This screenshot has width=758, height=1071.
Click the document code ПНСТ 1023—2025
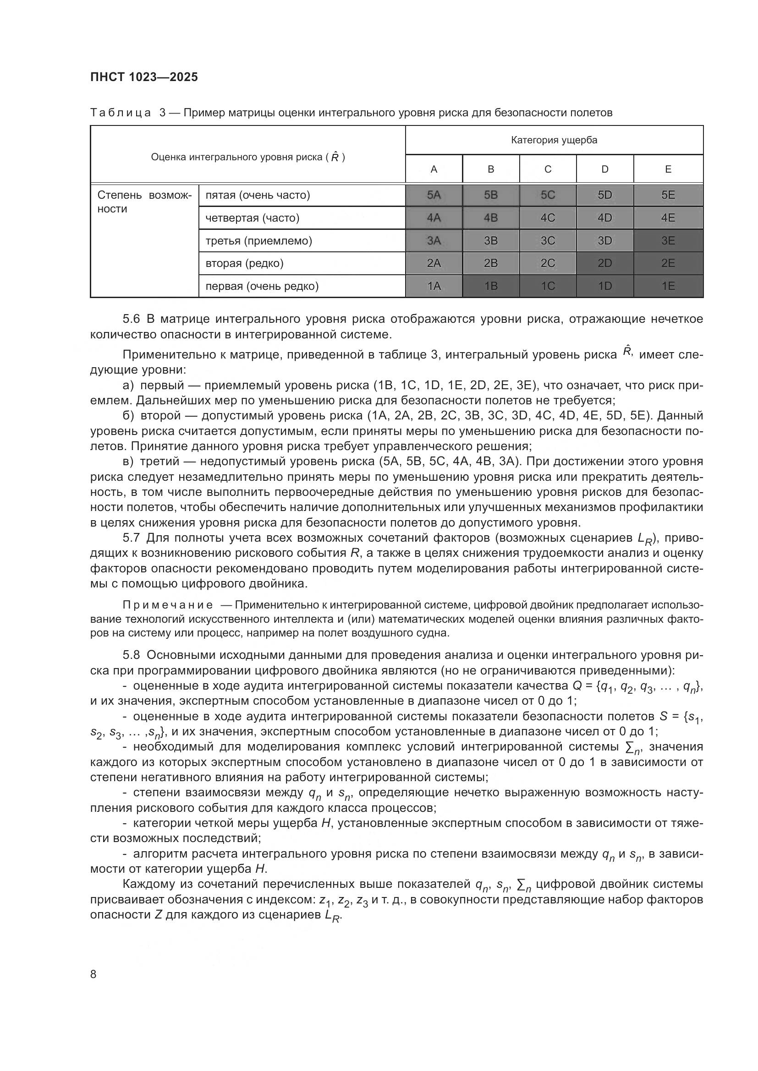tap(144, 77)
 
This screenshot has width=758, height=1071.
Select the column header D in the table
tap(604, 169)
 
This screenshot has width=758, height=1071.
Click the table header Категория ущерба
tap(554, 140)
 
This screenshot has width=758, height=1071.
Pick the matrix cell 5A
tap(434, 195)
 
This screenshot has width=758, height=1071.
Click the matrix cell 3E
tap(668, 241)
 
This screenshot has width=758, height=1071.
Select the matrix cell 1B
tap(490, 286)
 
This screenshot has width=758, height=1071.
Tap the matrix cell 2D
tap(604, 263)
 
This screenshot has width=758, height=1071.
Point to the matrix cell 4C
tap(548, 218)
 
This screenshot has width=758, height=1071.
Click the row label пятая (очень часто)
tap(258, 195)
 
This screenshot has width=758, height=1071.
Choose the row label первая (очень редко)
tap(262, 286)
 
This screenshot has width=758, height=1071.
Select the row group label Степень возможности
tap(144, 201)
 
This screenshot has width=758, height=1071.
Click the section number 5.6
tap(131, 319)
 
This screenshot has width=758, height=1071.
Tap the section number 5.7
tap(131, 538)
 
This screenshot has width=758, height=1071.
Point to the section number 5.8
tap(131, 655)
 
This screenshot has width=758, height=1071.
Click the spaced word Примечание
tap(168, 605)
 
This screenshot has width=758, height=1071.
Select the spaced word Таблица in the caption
tap(121, 113)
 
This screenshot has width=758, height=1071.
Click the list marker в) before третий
tap(128, 462)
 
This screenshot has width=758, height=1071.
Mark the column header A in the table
tap(434, 169)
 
